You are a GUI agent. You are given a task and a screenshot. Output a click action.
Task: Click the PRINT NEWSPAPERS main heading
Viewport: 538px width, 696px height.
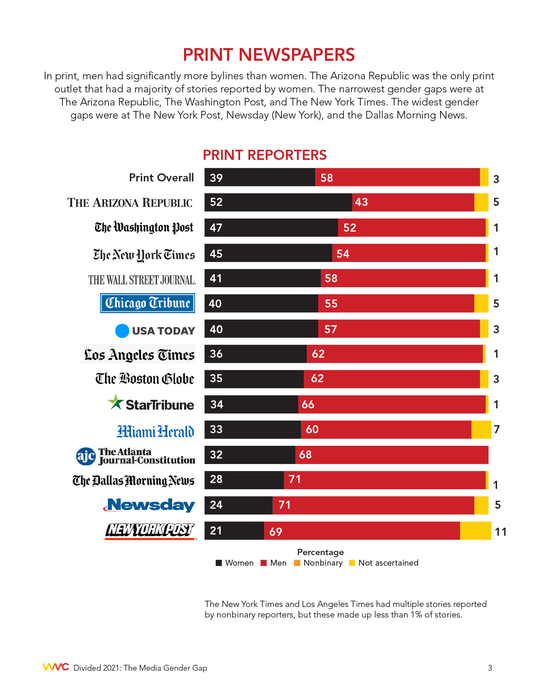coord(269,55)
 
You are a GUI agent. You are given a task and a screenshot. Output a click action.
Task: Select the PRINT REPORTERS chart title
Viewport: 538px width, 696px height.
coord(265,155)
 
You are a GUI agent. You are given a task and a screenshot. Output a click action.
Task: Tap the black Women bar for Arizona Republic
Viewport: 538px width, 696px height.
coord(278,202)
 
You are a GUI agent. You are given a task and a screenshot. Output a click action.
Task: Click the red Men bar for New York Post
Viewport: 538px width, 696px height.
coord(362,531)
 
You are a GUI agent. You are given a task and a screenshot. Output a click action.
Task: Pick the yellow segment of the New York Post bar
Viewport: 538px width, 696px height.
coord(476,531)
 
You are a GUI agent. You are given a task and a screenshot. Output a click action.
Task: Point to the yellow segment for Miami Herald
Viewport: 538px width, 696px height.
coord(481,429)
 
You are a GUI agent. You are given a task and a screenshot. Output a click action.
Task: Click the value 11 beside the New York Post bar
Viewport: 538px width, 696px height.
coord(500,532)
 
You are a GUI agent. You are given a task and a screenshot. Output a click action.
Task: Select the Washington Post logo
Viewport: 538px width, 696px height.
coord(144,228)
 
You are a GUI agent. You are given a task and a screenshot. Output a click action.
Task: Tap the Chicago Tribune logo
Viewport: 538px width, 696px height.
coord(148,303)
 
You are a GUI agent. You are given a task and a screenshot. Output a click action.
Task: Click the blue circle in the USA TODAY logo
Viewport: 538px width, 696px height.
coord(122,331)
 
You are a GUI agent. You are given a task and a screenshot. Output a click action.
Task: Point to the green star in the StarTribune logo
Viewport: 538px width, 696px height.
coord(115,402)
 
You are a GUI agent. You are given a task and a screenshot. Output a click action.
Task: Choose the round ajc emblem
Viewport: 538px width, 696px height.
coord(86,456)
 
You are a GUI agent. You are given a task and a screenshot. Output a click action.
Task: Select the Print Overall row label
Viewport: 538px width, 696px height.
coord(161,178)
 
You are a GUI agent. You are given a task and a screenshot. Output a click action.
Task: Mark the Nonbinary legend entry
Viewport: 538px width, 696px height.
coord(318,563)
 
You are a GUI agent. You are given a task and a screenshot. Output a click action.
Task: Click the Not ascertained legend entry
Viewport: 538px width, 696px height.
coord(384,563)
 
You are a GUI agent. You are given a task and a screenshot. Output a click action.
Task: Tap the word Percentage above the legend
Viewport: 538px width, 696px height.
coord(320,552)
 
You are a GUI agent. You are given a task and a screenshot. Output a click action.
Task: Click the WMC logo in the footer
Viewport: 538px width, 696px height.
coord(55,667)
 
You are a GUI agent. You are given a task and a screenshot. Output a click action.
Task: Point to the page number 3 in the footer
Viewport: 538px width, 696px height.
coord(490,668)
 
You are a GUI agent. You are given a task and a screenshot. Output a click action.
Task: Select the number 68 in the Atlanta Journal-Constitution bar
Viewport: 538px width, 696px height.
coord(305,455)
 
